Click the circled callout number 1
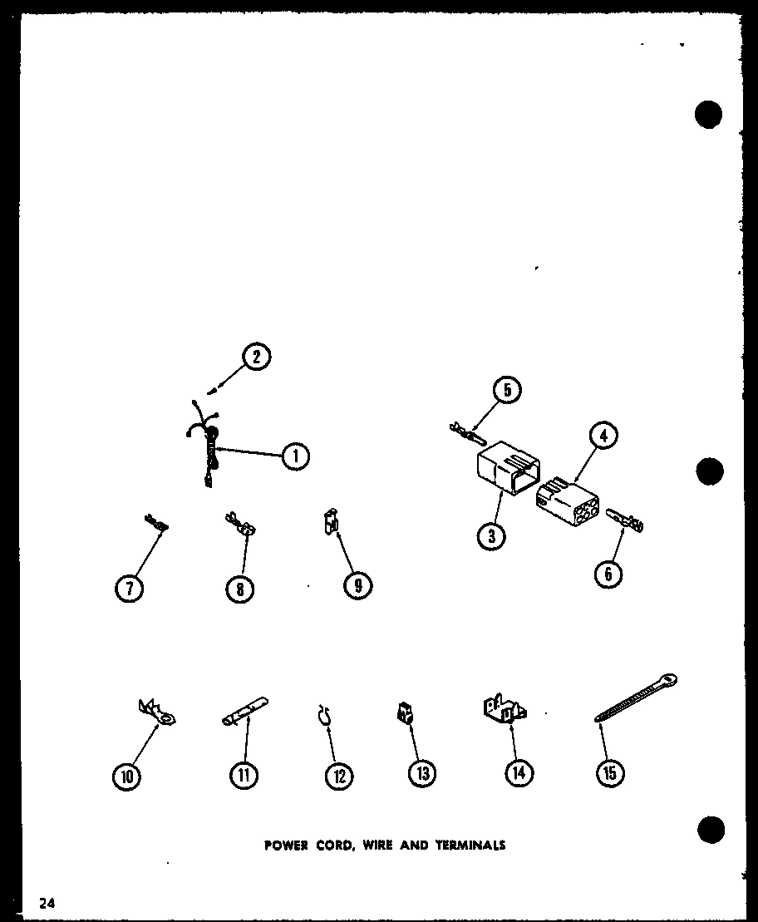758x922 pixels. [x=295, y=456]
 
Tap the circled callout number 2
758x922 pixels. [x=258, y=357]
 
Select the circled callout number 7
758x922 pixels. [x=129, y=588]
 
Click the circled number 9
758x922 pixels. [x=357, y=585]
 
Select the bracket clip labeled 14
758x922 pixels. [x=505, y=711]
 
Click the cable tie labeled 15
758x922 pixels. [x=636, y=698]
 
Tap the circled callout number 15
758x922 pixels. [x=610, y=773]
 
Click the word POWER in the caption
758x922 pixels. [x=287, y=846]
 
